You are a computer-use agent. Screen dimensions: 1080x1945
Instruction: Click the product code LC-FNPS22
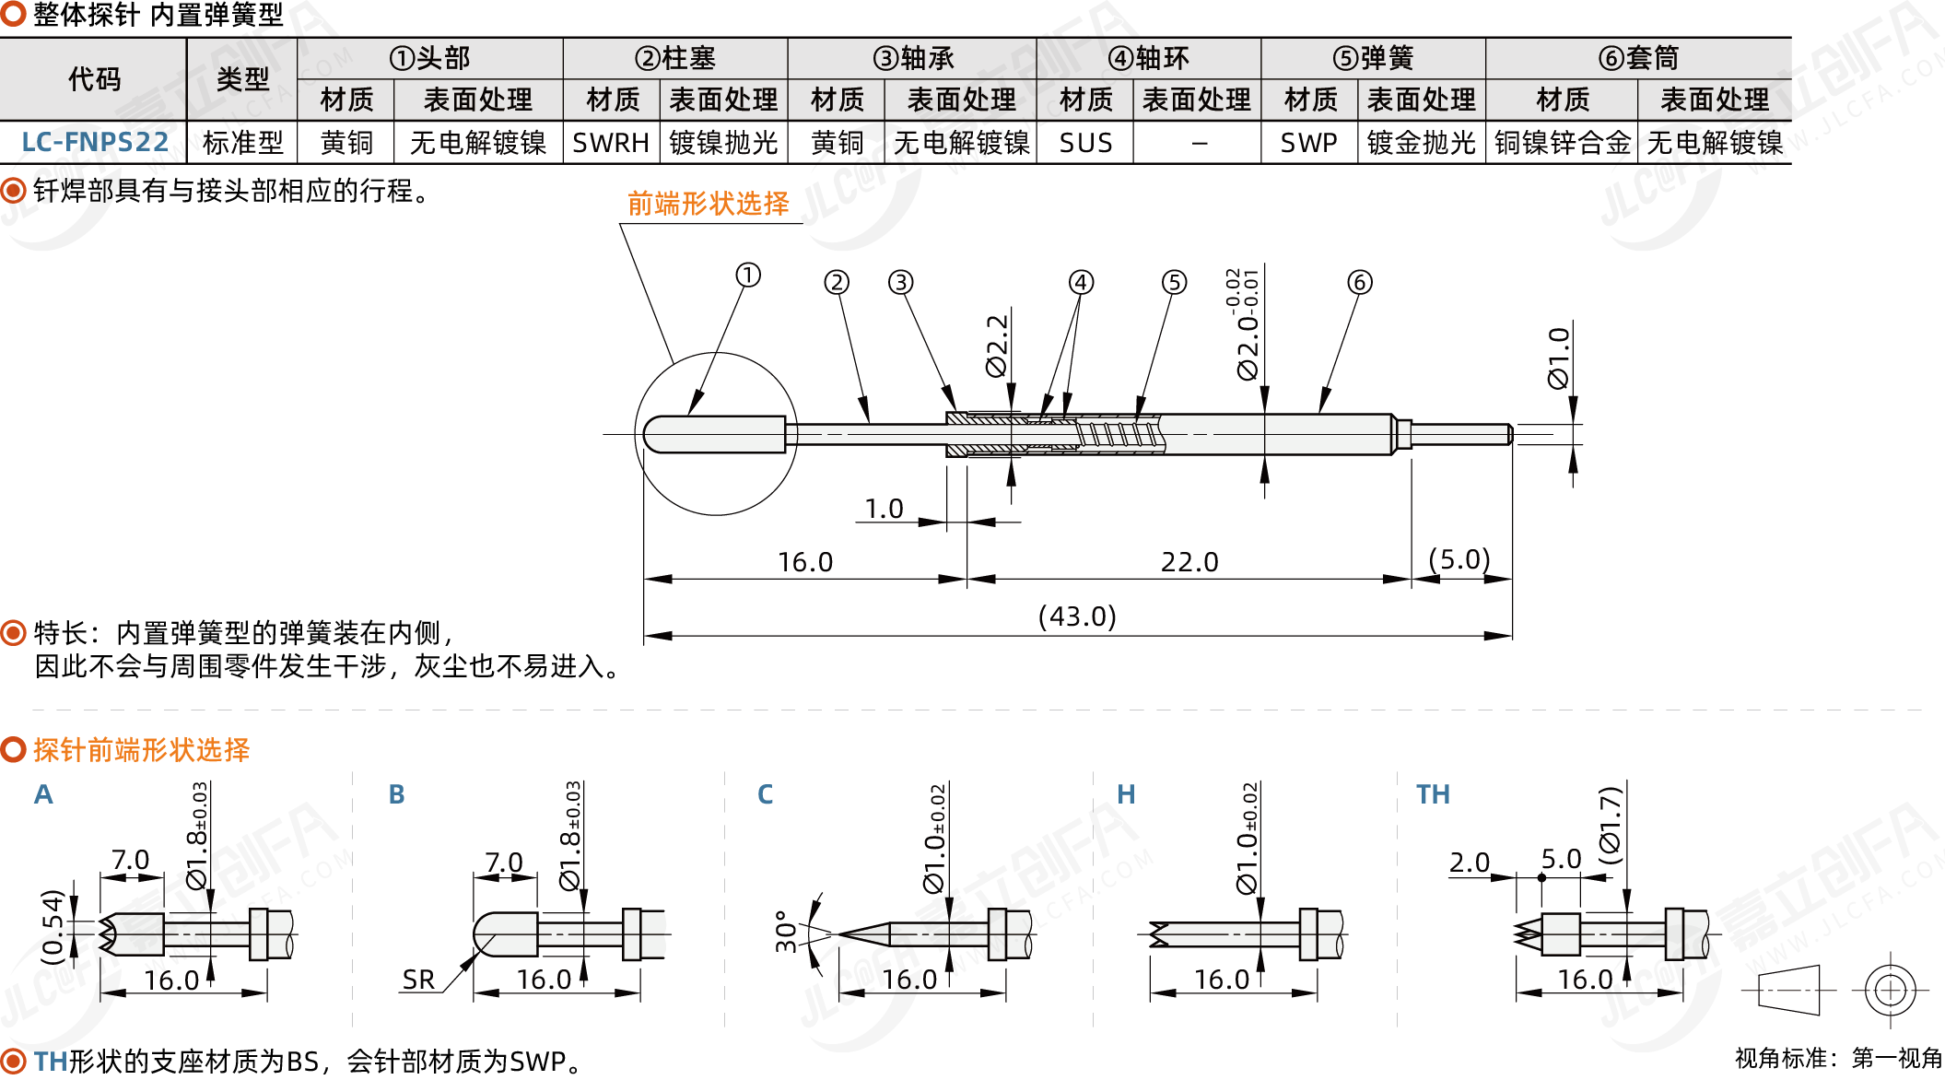[x=95, y=143]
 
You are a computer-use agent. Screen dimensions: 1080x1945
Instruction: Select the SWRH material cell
[x=610, y=143]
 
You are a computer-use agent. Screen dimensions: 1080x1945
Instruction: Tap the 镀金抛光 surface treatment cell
[x=1421, y=143]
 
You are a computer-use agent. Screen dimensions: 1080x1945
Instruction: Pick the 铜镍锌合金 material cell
[x=1562, y=143]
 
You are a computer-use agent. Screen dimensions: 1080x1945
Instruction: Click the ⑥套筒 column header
[x=1638, y=58]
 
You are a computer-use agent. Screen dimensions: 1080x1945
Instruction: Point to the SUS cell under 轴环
[x=1085, y=143]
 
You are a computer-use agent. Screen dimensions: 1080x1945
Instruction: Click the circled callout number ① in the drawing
[x=748, y=275]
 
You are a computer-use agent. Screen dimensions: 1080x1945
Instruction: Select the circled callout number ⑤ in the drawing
[x=1174, y=282]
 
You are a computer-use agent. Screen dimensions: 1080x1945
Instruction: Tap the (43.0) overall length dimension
[x=1077, y=616]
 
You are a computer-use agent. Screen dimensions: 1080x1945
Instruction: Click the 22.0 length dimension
[x=1189, y=561]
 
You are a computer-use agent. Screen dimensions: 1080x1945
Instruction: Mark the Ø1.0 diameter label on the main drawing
[x=1558, y=358]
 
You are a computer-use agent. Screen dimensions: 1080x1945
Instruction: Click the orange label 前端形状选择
[x=708, y=204]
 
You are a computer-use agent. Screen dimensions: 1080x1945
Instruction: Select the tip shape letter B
[x=396, y=794]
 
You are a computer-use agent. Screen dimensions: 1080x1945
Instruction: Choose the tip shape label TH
[x=1433, y=794]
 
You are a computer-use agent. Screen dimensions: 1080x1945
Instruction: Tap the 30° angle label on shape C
[x=786, y=931]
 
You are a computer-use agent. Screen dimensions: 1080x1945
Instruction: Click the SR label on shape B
[x=418, y=980]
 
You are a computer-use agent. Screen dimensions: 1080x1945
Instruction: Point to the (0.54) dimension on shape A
[x=53, y=926]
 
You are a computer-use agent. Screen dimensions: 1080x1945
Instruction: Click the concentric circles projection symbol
[x=1890, y=991]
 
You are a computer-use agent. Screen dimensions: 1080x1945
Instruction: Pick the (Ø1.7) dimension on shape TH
[x=1610, y=825]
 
